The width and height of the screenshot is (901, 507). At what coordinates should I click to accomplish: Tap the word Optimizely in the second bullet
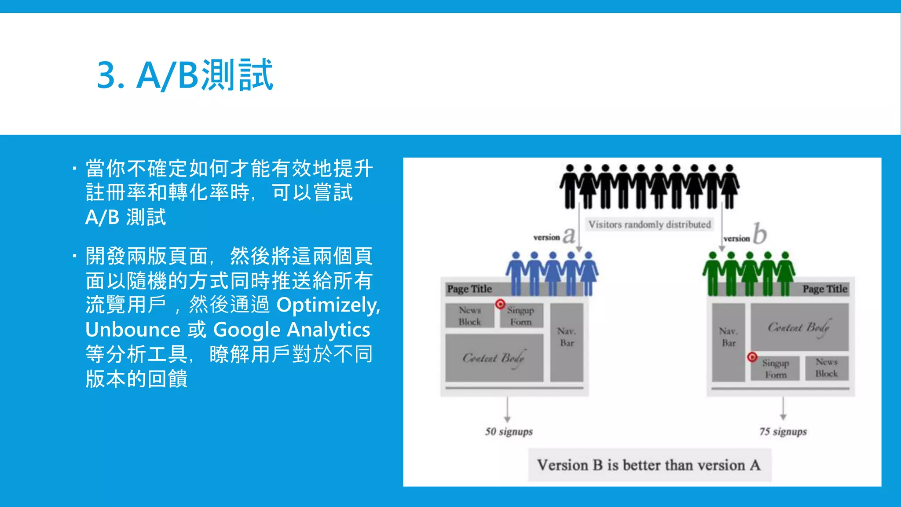pos(328,305)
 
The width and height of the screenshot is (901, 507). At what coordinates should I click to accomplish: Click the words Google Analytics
pos(291,330)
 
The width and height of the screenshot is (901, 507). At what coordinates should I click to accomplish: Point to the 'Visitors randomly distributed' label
pos(649,224)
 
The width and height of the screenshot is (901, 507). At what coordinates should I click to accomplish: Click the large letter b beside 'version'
pos(759,233)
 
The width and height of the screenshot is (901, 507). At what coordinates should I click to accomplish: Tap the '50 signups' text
pos(509,431)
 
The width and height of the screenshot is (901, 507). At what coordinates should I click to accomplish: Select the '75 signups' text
pos(783,431)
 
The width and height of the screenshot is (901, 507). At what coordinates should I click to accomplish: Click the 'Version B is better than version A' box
pos(649,465)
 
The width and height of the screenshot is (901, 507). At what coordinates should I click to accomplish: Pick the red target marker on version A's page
pos(500,304)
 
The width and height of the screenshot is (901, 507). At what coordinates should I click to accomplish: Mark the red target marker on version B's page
pos(752,357)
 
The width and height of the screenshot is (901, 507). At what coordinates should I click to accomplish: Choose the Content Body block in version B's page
pos(799,327)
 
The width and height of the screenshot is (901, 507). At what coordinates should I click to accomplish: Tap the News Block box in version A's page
pos(469,316)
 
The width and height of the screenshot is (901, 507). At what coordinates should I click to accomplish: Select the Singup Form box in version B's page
pos(775,368)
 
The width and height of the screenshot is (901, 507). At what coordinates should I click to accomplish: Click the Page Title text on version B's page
pos(825,289)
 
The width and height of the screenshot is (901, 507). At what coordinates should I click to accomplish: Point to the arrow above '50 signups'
pos(507,409)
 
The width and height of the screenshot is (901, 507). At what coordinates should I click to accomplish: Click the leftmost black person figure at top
pos(570,187)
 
